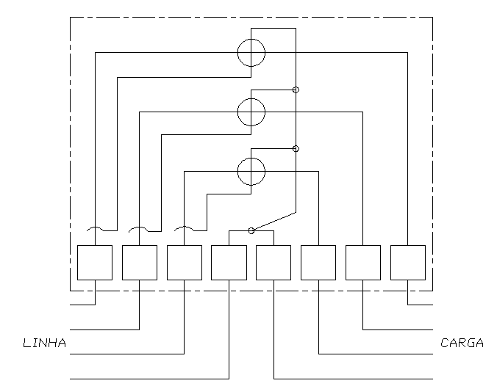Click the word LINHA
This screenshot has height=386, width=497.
coord(45,343)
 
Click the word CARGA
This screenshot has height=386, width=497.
coord(462,343)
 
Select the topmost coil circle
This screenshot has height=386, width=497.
coord(237,53)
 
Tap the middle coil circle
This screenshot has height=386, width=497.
coord(237,112)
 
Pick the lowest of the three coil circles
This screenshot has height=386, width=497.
coord(237,172)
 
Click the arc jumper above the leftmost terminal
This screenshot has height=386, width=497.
coord(95,227)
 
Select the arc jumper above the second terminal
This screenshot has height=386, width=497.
coord(138,227)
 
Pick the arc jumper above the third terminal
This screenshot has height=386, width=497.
coord(184,227)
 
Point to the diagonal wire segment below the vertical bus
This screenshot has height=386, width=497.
coord(274,221)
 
